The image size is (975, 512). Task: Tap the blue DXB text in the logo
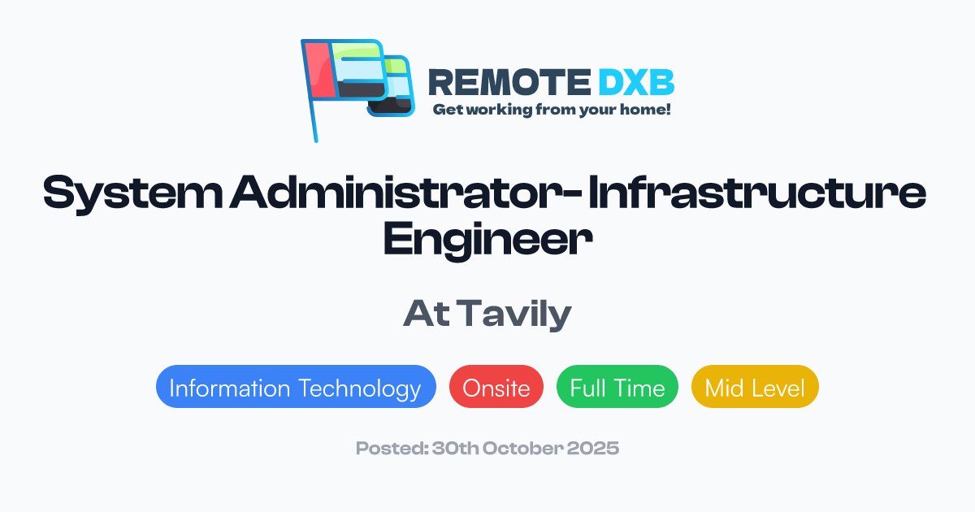(x=636, y=81)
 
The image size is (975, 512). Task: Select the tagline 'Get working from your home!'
(x=551, y=109)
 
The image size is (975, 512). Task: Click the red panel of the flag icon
(x=319, y=69)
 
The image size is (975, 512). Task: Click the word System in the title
(x=130, y=194)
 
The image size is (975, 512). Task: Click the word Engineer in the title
(x=487, y=241)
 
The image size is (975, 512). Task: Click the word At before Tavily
(x=427, y=315)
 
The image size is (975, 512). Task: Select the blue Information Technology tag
(x=296, y=388)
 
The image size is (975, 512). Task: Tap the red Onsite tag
(x=496, y=388)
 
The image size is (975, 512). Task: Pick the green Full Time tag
(x=617, y=388)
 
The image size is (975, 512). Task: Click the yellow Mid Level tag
(x=755, y=388)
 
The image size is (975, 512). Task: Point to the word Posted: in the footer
(x=387, y=448)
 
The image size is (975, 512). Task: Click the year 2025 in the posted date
(x=596, y=448)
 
